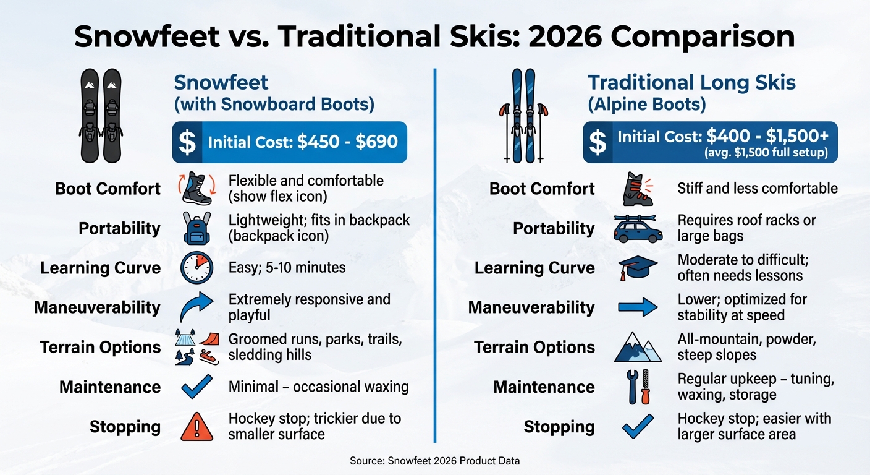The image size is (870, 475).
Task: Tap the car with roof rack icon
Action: [x=638, y=229]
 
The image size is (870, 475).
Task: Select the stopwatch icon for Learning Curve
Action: [x=197, y=268]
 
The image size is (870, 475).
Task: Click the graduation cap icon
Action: [x=638, y=268]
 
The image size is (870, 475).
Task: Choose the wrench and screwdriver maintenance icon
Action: [x=638, y=387]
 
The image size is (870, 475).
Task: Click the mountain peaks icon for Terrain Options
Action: [x=638, y=347]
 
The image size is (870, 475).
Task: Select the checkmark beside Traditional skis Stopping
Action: [x=638, y=427]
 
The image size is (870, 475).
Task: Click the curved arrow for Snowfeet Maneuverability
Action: [x=197, y=307]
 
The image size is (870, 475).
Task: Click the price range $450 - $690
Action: [x=347, y=142]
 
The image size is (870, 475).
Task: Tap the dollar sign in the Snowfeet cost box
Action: [x=187, y=142]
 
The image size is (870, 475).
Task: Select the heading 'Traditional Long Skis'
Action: [x=691, y=83]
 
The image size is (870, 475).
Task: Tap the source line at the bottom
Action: [x=434, y=461]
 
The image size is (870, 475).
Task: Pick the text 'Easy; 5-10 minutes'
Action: [x=287, y=268]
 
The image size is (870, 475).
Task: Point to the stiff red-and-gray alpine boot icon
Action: [x=638, y=189]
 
